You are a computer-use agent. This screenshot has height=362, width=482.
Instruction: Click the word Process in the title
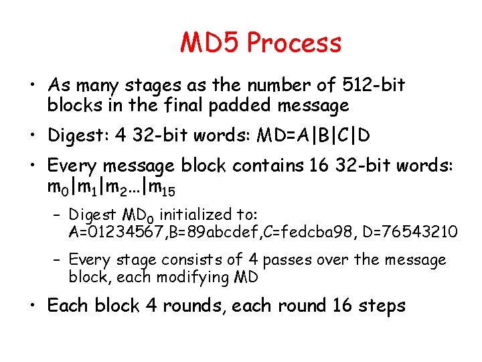pos(295,44)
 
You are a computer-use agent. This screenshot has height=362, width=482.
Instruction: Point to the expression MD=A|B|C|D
pos(311,135)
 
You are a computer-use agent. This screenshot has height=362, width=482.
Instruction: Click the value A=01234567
pos(114,232)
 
